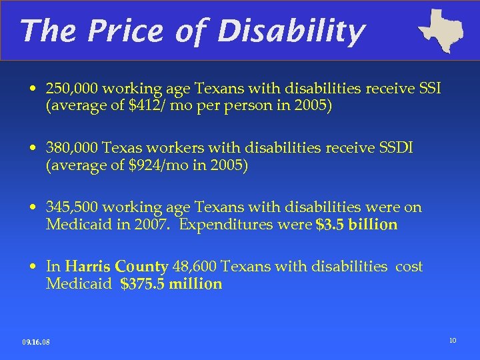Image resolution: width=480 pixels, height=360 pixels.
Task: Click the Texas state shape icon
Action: (x=441, y=30)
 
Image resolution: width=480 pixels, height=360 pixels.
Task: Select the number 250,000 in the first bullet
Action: (x=73, y=89)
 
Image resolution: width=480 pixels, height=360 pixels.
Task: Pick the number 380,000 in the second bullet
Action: (x=73, y=148)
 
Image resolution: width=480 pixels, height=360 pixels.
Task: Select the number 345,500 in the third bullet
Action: (x=73, y=207)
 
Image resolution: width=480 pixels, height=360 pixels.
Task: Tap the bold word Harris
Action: (x=89, y=267)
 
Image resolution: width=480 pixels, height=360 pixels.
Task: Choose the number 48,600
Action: (x=194, y=267)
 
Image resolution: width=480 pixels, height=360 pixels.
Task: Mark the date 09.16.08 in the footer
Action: (x=36, y=343)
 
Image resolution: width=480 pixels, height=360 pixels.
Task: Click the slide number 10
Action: (x=453, y=341)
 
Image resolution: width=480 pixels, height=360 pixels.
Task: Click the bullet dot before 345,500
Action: (x=33, y=208)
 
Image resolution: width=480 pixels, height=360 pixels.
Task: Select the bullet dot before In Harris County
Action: (x=33, y=267)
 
